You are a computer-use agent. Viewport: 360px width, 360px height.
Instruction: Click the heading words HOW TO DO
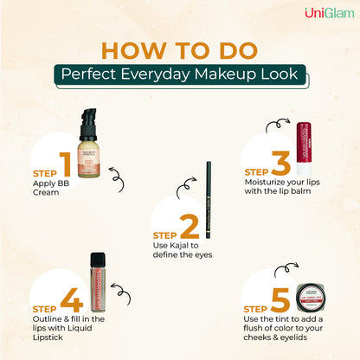180,48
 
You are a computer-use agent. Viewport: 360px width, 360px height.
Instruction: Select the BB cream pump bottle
93,147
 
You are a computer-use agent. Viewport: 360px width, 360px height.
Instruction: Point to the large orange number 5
280,299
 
